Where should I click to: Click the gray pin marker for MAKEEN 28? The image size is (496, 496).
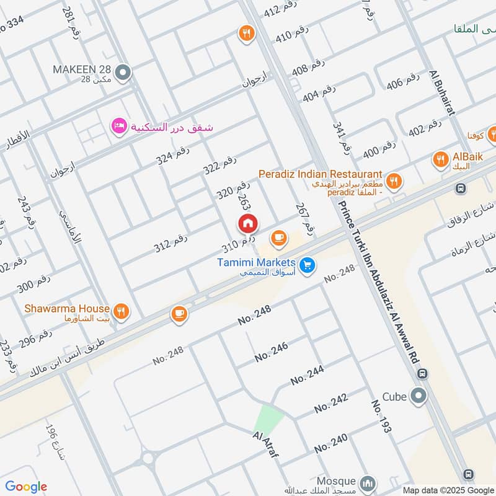(123, 73)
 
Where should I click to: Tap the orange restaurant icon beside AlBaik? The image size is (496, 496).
(441, 159)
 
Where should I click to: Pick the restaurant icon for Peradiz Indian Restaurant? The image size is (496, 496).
(393, 182)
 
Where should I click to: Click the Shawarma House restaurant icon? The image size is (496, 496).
(122, 311)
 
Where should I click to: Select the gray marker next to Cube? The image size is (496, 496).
(420, 395)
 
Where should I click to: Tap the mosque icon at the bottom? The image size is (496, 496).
(368, 482)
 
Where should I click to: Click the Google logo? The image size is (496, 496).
(26, 487)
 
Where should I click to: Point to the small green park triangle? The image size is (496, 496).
(268, 417)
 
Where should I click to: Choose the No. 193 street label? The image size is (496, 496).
(381, 415)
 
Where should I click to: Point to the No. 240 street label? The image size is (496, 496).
(330, 443)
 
